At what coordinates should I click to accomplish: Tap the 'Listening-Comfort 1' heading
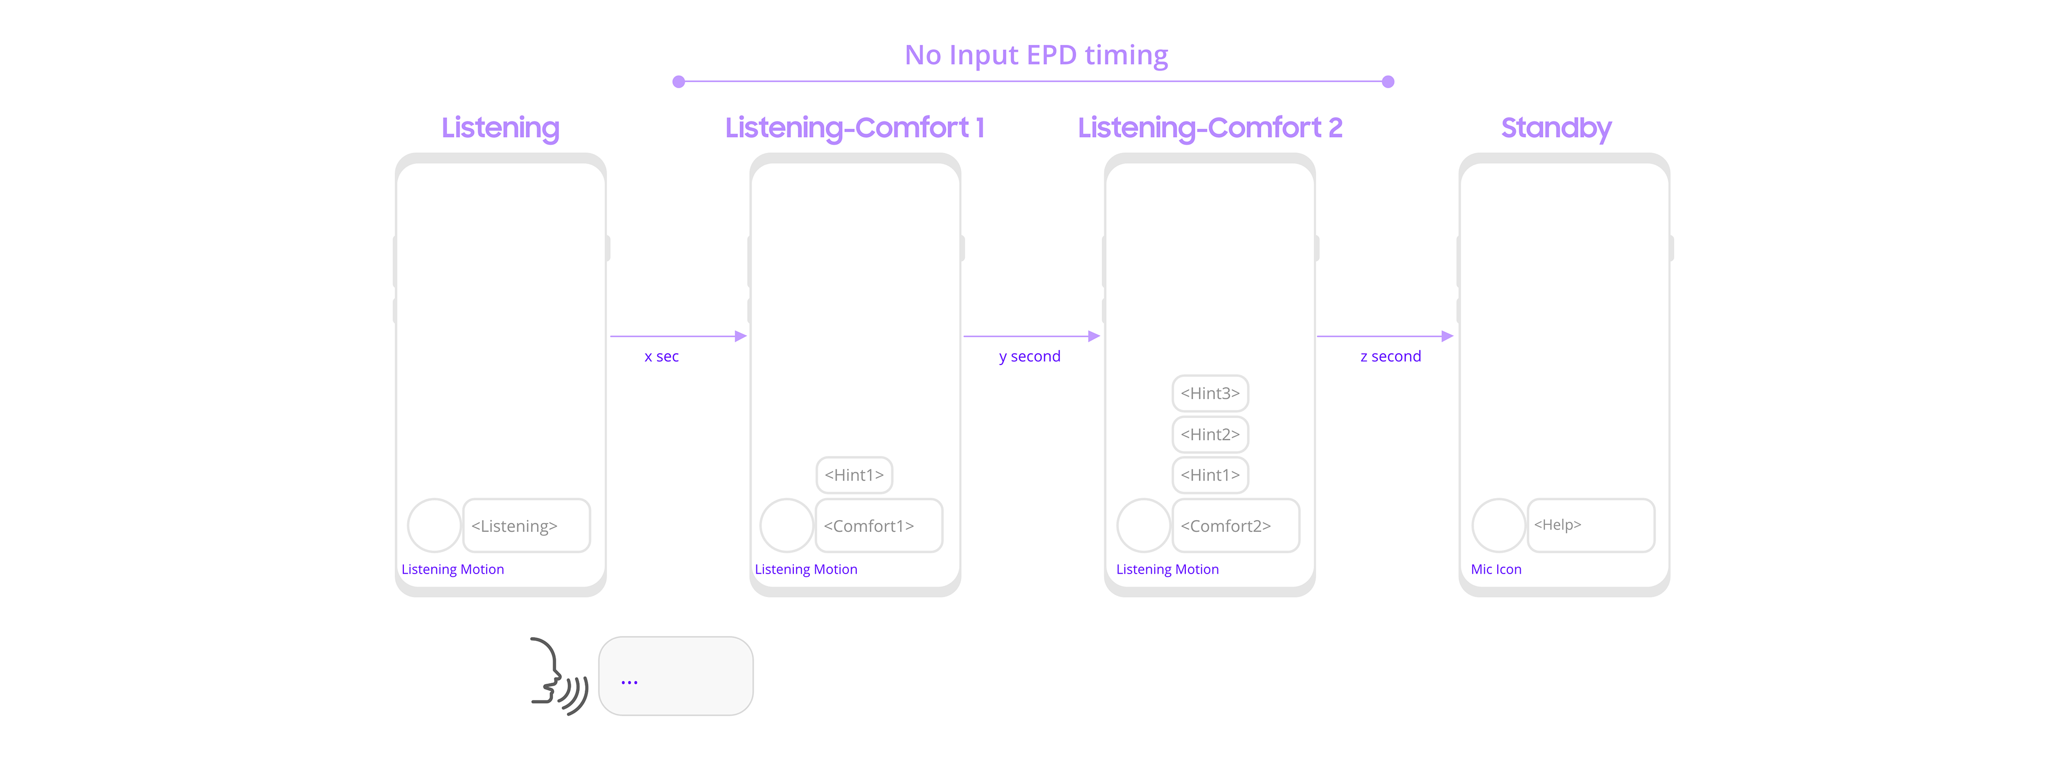click(855, 128)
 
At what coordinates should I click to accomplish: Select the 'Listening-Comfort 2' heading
click(1209, 128)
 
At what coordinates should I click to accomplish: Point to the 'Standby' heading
click(1555, 128)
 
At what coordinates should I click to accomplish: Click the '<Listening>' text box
click(526, 525)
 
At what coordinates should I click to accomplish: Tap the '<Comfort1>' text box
click(879, 525)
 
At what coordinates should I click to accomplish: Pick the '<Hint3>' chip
click(1210, 393)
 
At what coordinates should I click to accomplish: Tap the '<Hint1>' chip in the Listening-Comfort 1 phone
click(854, 475)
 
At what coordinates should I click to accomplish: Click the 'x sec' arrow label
click(662, 357)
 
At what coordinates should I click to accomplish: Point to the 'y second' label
click(1029, 357)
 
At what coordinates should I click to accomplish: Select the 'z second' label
click(1391, 357)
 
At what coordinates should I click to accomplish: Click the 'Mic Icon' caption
click(1496, 569)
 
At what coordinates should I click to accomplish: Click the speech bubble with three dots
click(676, 676)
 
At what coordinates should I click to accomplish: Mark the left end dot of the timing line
click(679, 81)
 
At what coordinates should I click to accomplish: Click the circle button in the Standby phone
click(1498, 525)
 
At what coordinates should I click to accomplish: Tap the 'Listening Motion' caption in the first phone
click(452, 569)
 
